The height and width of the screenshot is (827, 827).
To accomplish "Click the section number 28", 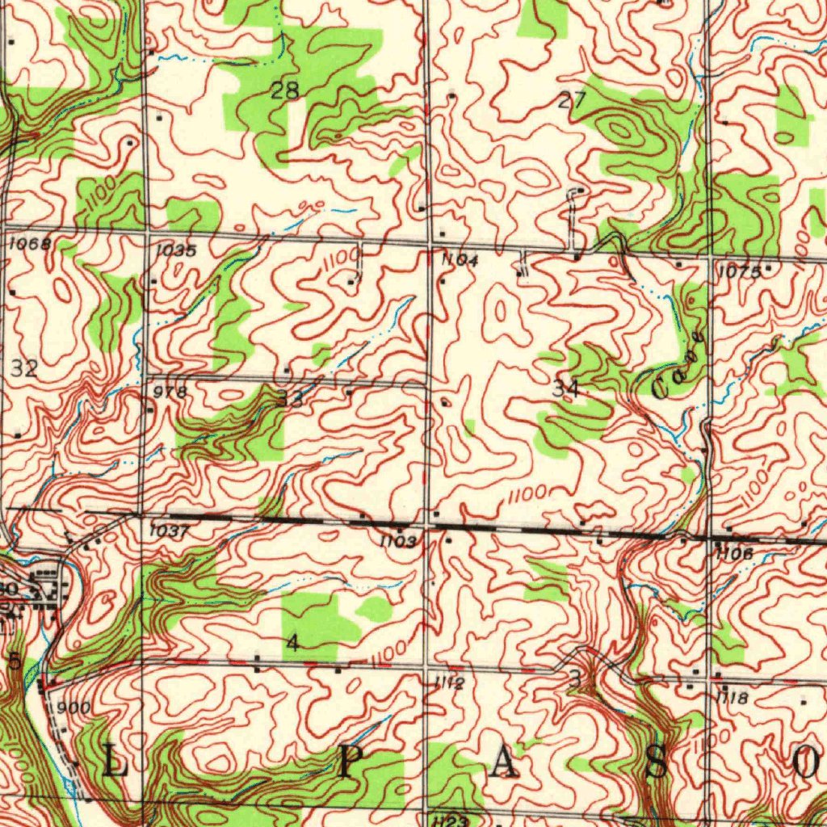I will (284, 90).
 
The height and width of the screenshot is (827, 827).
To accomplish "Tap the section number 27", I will (571, 101).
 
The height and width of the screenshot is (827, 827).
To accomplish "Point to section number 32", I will (24, 370).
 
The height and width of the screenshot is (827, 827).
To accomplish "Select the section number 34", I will (565, 388).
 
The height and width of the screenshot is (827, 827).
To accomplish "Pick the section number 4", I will (292, 643).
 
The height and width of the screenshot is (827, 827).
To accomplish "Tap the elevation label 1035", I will (175, 250).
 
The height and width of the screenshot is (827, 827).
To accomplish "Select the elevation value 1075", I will (739, 272).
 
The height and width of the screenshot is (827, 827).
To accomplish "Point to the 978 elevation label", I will (170, 392).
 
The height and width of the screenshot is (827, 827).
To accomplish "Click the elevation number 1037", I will (170, 532).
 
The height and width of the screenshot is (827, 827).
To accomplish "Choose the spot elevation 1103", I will (399, 540).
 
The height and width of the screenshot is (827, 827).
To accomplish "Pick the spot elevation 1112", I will (448, 684).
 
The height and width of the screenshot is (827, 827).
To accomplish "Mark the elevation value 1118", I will (733, 697).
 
